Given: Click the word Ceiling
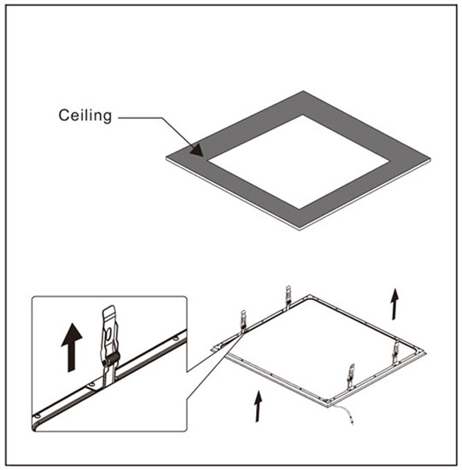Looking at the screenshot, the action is (x=85, y=115).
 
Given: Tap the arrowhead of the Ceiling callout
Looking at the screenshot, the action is (x=197, y=150).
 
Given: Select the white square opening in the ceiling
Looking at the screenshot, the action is (x=299, y=161).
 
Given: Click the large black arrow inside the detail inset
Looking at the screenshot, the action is (x=71, y=347).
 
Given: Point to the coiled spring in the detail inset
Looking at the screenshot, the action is (x=111, y=359).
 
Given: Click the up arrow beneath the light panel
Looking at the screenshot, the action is (x=258, y=406).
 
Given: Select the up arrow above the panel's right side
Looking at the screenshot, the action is (x=395, y=304).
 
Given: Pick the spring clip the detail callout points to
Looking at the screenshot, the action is (x=244, y=320).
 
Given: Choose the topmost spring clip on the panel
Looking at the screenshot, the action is (x=287, y=296).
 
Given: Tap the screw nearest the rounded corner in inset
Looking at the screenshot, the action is (x=37, y=416).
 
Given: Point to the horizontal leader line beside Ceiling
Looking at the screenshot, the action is (x=140, y=117).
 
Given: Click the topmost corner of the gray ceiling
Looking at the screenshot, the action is (x=303, y=91).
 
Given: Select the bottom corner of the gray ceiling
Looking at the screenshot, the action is (x=300, y=229).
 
